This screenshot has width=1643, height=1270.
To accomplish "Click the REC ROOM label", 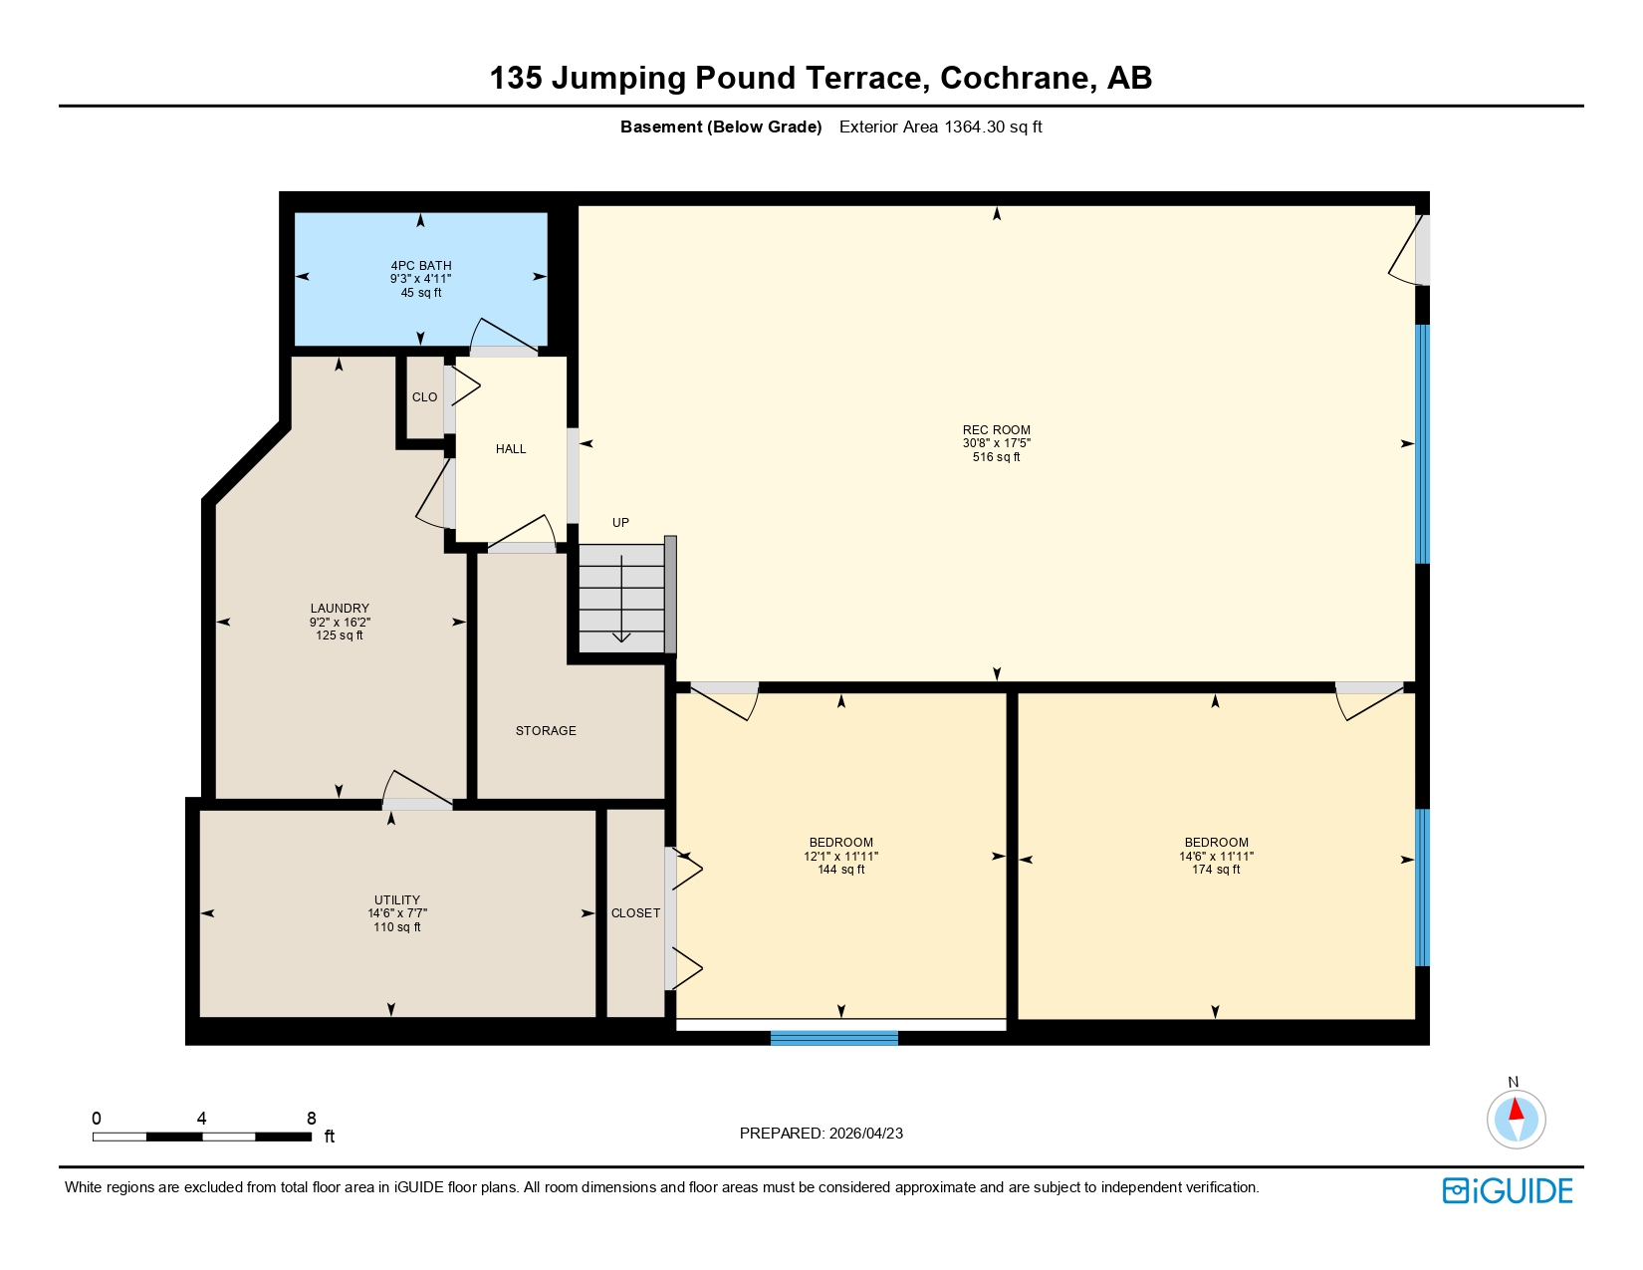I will point(996,430).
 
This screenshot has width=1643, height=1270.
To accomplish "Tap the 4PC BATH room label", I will point(420,266).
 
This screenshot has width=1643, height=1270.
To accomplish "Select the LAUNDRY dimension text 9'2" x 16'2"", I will point(340,622).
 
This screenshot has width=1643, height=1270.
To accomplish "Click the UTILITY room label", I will point(396,899).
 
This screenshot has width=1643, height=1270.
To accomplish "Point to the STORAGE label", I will point(546,731).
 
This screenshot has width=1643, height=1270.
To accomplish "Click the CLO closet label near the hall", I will point(424,397).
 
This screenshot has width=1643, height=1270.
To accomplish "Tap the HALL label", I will point(511,449).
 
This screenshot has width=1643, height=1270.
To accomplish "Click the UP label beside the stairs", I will point(620,523).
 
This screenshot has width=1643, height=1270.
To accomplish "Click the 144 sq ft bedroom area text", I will point(840,870).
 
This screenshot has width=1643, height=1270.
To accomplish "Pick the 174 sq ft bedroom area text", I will point(1216,870).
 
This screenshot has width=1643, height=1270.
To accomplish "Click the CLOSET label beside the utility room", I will point(635,913).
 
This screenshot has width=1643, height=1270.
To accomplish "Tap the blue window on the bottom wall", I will point(833,1038).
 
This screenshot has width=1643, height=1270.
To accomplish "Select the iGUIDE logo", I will point(1508,1190).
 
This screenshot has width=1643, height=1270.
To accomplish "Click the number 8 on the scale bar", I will point(312,1119).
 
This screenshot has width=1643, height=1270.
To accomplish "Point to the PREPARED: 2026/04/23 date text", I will point(821,1134).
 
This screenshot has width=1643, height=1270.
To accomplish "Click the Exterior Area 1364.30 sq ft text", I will point(940,127).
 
